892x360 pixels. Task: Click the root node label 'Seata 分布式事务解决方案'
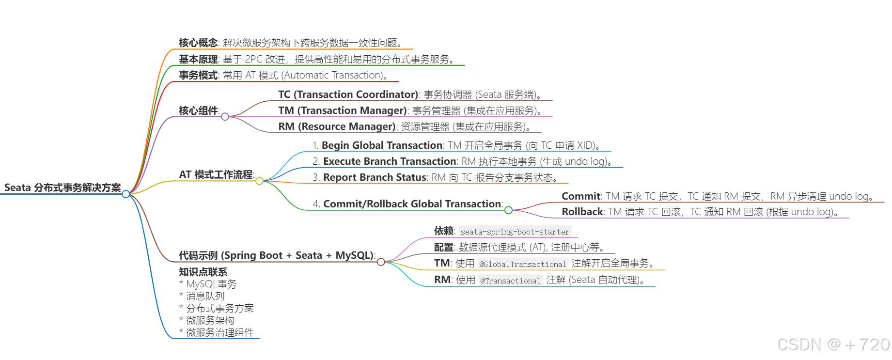tap(63, 188)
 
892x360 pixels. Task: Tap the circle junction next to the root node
tap(126, 194)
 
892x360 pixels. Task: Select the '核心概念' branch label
tap(198, 43)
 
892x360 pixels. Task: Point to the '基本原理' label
tap(198, 59)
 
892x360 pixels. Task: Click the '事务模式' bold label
tap(198, 75)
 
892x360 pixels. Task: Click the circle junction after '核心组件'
tap(225, 117)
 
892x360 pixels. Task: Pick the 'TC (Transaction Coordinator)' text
tap(348, 94)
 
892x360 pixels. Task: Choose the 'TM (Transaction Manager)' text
tap(342, 110)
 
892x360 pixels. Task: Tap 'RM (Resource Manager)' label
tap(337, 126)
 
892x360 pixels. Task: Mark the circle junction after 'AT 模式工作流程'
tap(260, 181)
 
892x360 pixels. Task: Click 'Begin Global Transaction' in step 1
tap(382, 145)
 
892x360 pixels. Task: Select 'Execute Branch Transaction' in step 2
tap(390, 161)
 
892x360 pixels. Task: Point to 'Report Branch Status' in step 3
tap(375, 177)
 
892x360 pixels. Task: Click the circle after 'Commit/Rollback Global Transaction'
tap(508, 210)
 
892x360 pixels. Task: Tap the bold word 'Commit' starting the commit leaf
tap(581, 196)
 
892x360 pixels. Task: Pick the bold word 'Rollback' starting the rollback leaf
tap(582, 212)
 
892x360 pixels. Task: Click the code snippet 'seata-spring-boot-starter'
tap(515, 232)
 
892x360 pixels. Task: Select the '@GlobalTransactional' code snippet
tap(522, 264)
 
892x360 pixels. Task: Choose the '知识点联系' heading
tap(203, 272)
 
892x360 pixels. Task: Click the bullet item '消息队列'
tap(205, 296)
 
